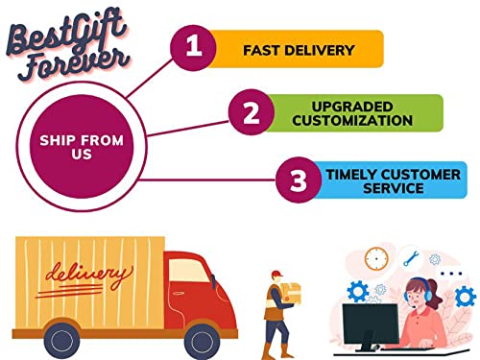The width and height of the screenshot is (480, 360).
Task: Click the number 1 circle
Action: pos(193,48)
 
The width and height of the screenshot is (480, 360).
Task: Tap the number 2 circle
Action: pos(252,112)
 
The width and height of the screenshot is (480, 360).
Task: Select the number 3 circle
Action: pos(299,180)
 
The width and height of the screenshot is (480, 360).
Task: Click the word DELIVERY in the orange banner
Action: pos(319,50)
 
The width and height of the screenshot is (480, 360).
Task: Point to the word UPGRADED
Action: pos(352,107)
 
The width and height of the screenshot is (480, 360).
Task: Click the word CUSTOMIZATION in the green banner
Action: pos(352,120)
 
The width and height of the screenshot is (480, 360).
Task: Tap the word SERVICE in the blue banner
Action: pos(394,188)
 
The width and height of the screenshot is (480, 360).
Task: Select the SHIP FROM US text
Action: pos(82,147)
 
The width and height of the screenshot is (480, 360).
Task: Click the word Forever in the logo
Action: pos(75,65)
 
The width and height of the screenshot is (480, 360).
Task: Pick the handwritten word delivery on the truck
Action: pos(89,276)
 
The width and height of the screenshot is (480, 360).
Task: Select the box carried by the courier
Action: pos(291,293)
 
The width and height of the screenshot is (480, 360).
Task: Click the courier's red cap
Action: pos(277,274)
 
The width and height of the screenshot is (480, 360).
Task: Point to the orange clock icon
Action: pos(376,258)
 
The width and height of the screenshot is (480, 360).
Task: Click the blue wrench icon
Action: pos(411,258)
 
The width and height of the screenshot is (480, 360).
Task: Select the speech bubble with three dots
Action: pos(451,274)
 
